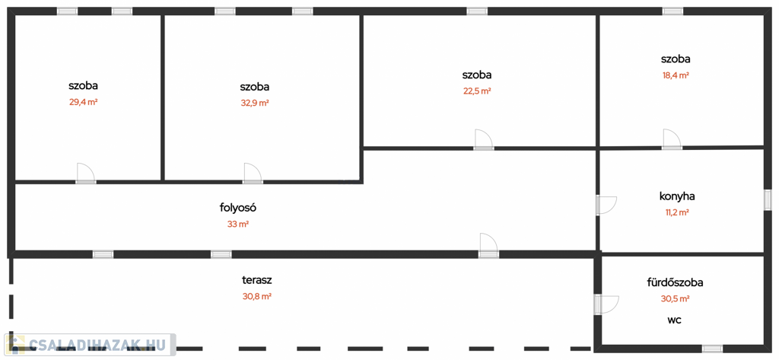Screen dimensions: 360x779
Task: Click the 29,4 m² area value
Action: (x=83, y=102)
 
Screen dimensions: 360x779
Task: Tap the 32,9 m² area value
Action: (x=255, y=103)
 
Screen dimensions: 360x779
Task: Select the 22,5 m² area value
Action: (x=477, y=91)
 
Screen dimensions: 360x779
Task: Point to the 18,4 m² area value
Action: (x=676, y=75)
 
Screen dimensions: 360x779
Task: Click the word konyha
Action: (x=677, y=196)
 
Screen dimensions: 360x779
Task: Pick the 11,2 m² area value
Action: (x=677, y=212)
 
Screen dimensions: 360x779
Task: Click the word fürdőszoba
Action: (x=675, y=282)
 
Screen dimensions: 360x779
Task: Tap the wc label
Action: (x=675, y=320)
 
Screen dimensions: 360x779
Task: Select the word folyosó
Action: (x=238, y=207)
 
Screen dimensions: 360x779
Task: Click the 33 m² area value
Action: (x=238, y=224)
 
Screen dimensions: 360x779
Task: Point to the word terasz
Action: (x=257, y=279)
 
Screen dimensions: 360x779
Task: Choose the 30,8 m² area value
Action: (x=257, y=296)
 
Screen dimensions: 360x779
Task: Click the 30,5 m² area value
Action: (x=675, y=299)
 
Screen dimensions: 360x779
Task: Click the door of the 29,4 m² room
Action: (x=85, y=174)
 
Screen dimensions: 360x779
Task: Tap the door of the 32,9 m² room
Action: (x=253, y=174)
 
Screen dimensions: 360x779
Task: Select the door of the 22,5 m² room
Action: (x=484, y=140)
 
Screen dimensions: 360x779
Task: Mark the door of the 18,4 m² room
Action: (x=672, y=139)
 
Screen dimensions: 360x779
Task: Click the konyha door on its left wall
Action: (x=606, y=205)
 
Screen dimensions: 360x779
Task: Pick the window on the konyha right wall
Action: (x=767, y=199)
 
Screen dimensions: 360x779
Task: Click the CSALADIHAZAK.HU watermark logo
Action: (x=90, y=345)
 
